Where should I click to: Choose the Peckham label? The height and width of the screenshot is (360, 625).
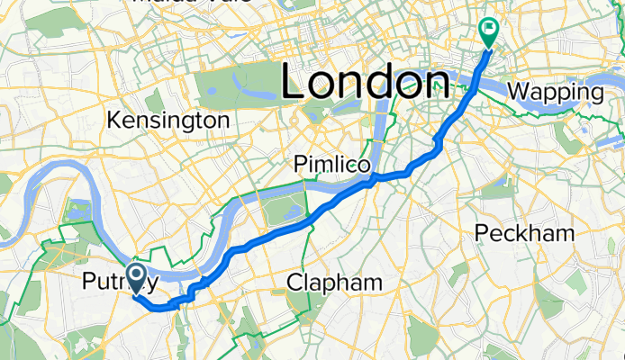click(524, 233)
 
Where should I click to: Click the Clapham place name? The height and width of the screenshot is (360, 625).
click(334, 283)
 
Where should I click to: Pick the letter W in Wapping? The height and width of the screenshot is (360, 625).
click(520, 91)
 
